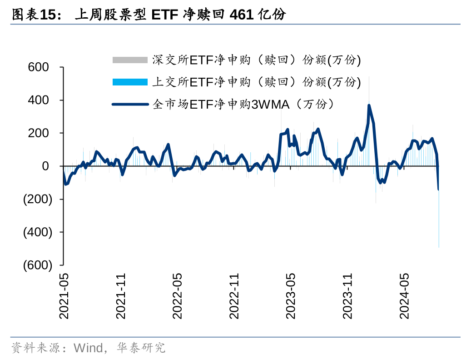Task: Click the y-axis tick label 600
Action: click(38, 67)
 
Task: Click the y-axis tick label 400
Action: click(38, 100)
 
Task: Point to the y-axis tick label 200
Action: click(38, 133)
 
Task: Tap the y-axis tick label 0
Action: click(45, 166)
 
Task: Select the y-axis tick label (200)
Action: click(38, 199)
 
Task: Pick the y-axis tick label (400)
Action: click(38, 232)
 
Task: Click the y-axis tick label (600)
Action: click(38, 265)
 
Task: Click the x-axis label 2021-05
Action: click(64, 296)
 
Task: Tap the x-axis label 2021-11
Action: click(120, 296)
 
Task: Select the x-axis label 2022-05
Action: click(177, 296)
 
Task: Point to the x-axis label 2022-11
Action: click(234, 296)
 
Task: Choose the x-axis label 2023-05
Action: click(291, 296)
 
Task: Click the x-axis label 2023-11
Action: click(347, 296)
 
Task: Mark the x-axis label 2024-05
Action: click(404, 296)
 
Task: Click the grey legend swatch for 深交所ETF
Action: click(130, 60)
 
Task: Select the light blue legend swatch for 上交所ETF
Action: click(130, 82)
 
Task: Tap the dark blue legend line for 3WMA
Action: click(130, 104)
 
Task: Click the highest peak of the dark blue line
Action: click(369, 105)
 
